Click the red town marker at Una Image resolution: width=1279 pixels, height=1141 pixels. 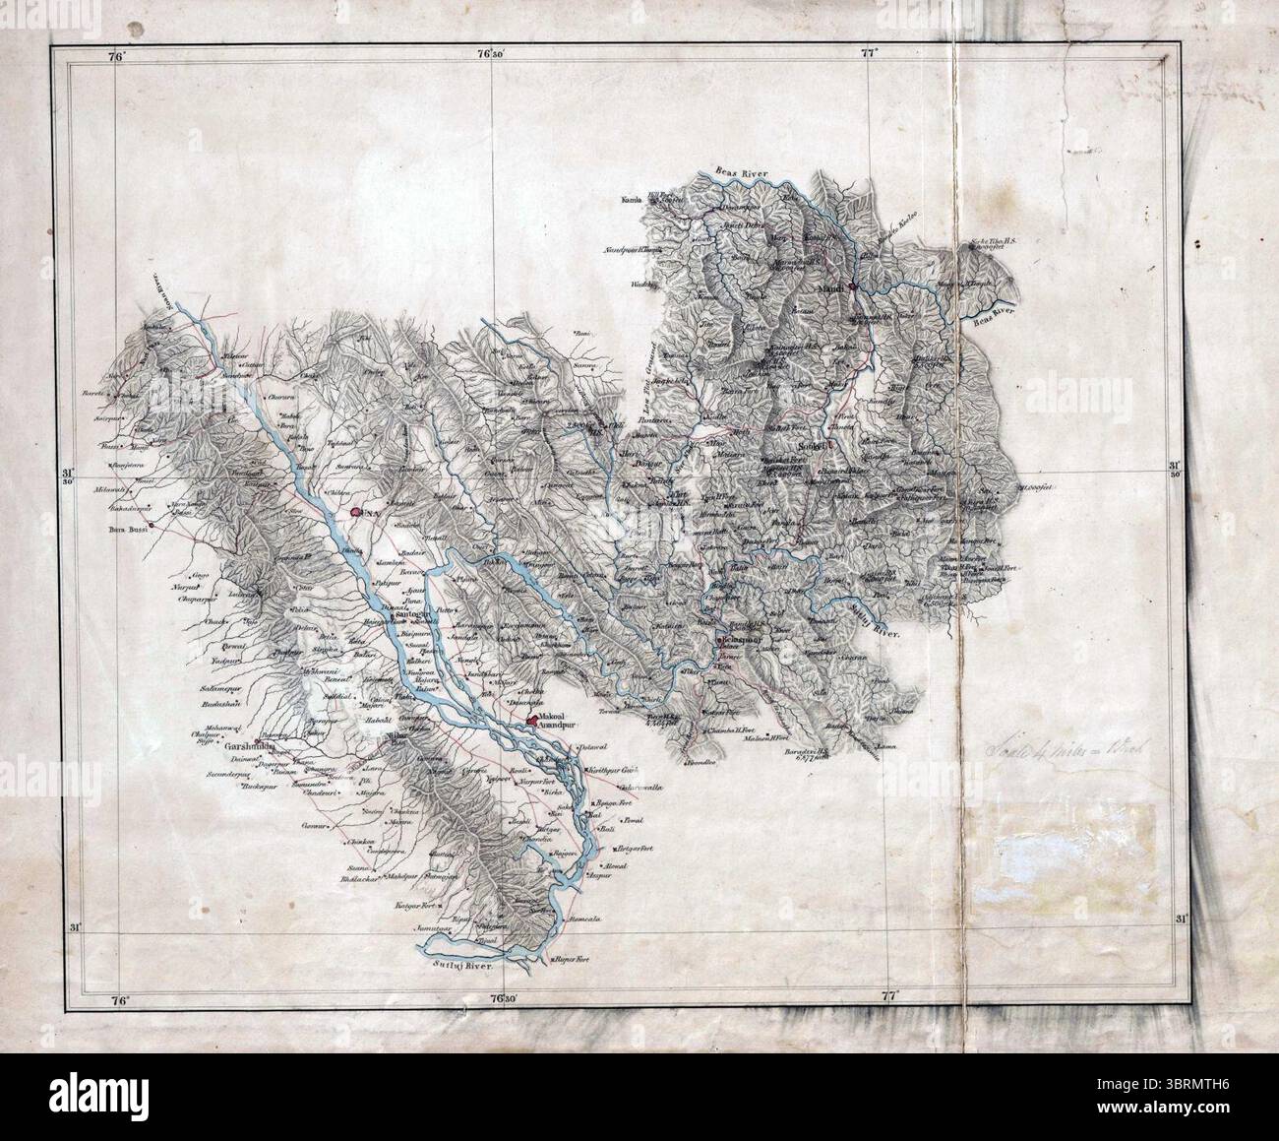(x=354, y=512)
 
